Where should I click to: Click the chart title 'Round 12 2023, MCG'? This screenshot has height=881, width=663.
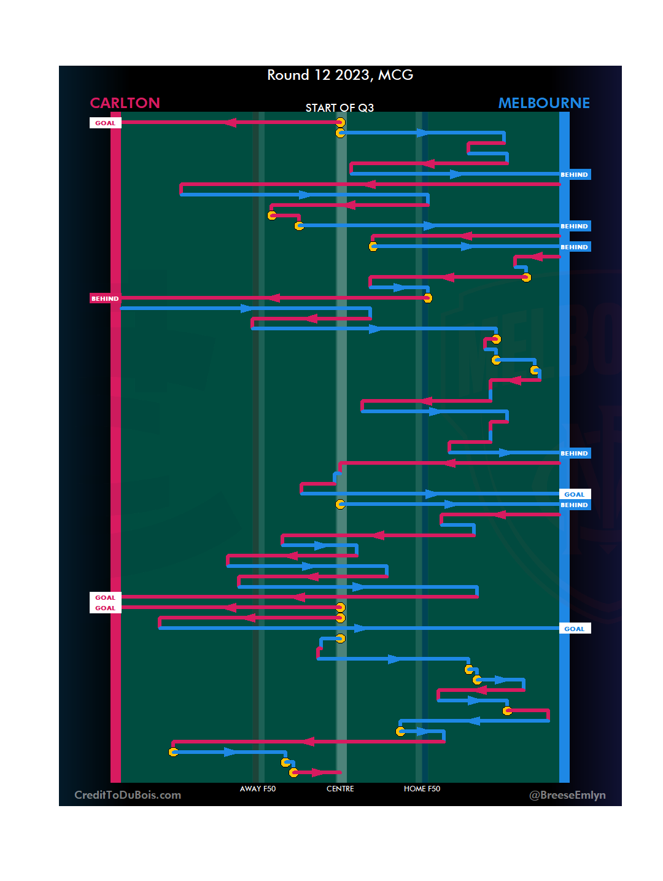tap(340, 75)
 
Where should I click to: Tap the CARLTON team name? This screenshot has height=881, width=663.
tap(125, 103)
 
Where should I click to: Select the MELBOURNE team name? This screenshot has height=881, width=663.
tap(544, 103)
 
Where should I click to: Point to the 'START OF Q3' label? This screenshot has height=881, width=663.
tap(339, 108)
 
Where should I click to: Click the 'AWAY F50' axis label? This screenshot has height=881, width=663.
tap(258, 789)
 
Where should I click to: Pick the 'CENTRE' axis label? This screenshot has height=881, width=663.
tap(340, 789)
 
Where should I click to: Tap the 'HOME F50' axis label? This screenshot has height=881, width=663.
tap(422, 789)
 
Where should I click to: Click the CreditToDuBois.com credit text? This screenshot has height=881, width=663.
tap(128, 795)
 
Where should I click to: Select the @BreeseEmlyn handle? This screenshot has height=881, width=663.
tap(567, 795)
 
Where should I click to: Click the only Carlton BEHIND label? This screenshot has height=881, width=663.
tap(105, 298)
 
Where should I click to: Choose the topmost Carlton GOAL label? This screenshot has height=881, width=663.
tap(105, 123)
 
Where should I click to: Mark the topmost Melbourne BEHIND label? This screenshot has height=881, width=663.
tap(574, 175)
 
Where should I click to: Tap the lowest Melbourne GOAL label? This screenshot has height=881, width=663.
tap(574, 629)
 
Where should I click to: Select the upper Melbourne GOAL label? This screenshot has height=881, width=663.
tap(574, 494)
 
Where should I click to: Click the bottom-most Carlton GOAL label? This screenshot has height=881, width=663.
tap(105, 608)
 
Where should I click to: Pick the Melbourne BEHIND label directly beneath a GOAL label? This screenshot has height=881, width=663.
tap(574, 505)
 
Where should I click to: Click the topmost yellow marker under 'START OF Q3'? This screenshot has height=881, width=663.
tap(340, 123)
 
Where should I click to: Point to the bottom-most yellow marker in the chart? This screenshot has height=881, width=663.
tap(294, 772)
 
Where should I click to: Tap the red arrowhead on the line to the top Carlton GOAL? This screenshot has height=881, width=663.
tap(230, 122)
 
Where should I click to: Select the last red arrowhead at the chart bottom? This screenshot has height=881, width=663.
tap(317, 772)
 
